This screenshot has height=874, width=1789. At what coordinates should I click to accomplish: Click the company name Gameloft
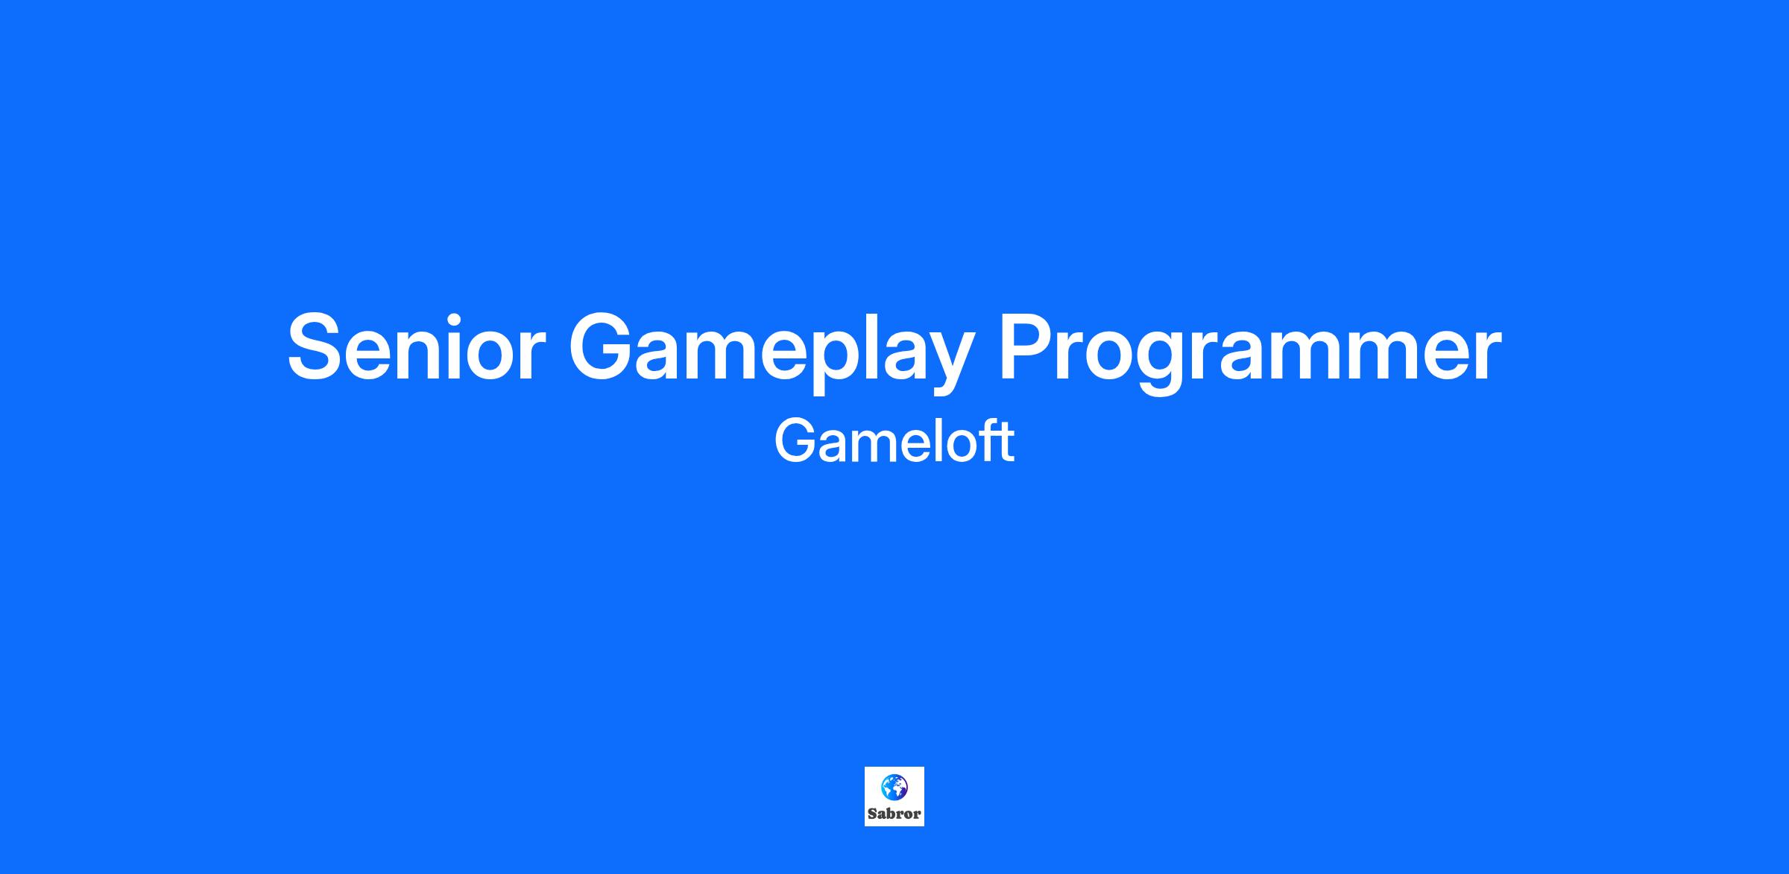point(894,441)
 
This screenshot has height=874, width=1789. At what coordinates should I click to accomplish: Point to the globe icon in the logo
point(894,786)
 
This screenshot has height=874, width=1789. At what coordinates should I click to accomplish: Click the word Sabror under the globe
point(894,814)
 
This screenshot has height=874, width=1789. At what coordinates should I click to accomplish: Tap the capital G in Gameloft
point(796,441)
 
